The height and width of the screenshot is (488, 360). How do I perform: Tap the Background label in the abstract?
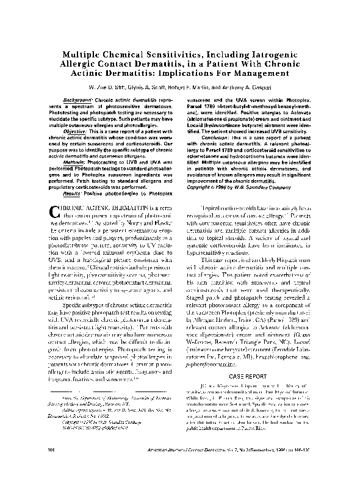click(x=79, y=99)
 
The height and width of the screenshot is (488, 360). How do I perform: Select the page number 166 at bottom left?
click(x=51, y=465)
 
